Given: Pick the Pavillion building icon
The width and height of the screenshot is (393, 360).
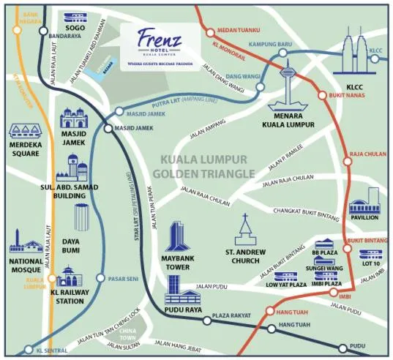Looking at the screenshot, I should [x=364, y=202].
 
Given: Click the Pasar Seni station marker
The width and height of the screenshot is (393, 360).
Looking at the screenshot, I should [x=100, y=278].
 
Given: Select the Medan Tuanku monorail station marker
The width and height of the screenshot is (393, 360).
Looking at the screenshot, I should [x=209, y=31].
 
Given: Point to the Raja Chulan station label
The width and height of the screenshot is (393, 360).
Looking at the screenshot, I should [x=367, y=154].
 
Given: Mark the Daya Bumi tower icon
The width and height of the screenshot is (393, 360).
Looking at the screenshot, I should [x=83, y=219].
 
